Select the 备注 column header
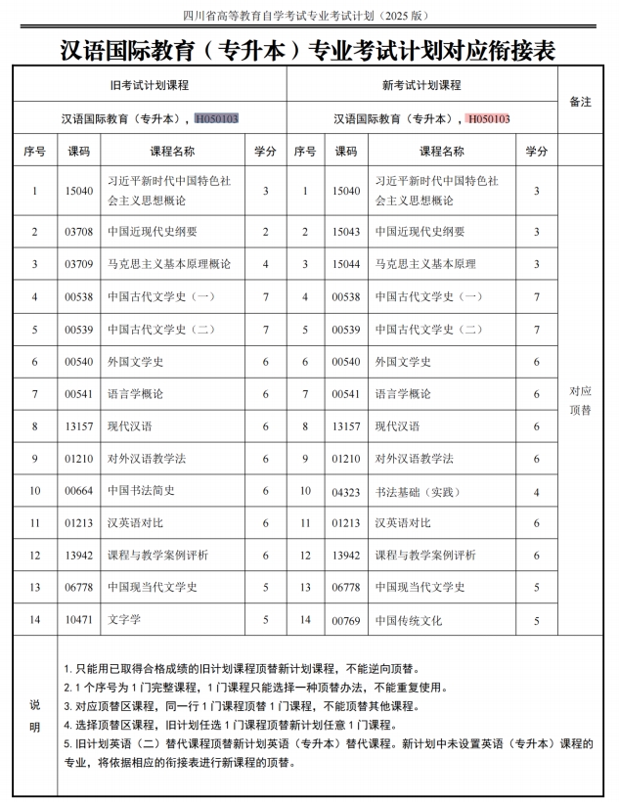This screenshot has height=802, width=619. click(580, 102)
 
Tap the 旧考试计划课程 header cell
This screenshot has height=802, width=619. click(149, 85)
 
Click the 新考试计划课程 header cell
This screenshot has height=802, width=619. click(421, 85)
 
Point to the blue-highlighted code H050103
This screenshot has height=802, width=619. click(217, 118)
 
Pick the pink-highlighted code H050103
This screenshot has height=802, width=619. click(488, 118)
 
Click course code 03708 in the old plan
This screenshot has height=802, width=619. click(78, 232)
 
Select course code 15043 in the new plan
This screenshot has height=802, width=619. click(346, 232)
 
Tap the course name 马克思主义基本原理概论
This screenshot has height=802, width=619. click(169, 264)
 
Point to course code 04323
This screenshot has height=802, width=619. click(346, 492)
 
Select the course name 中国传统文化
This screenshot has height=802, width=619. click(409, 620)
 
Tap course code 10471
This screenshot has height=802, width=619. click(78, 619)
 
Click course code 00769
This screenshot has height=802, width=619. click(346, 620)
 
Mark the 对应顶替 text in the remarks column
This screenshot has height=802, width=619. click(580, 400)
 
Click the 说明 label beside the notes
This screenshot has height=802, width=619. click(35, 715)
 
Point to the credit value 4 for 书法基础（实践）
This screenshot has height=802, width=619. click(536, 492)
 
